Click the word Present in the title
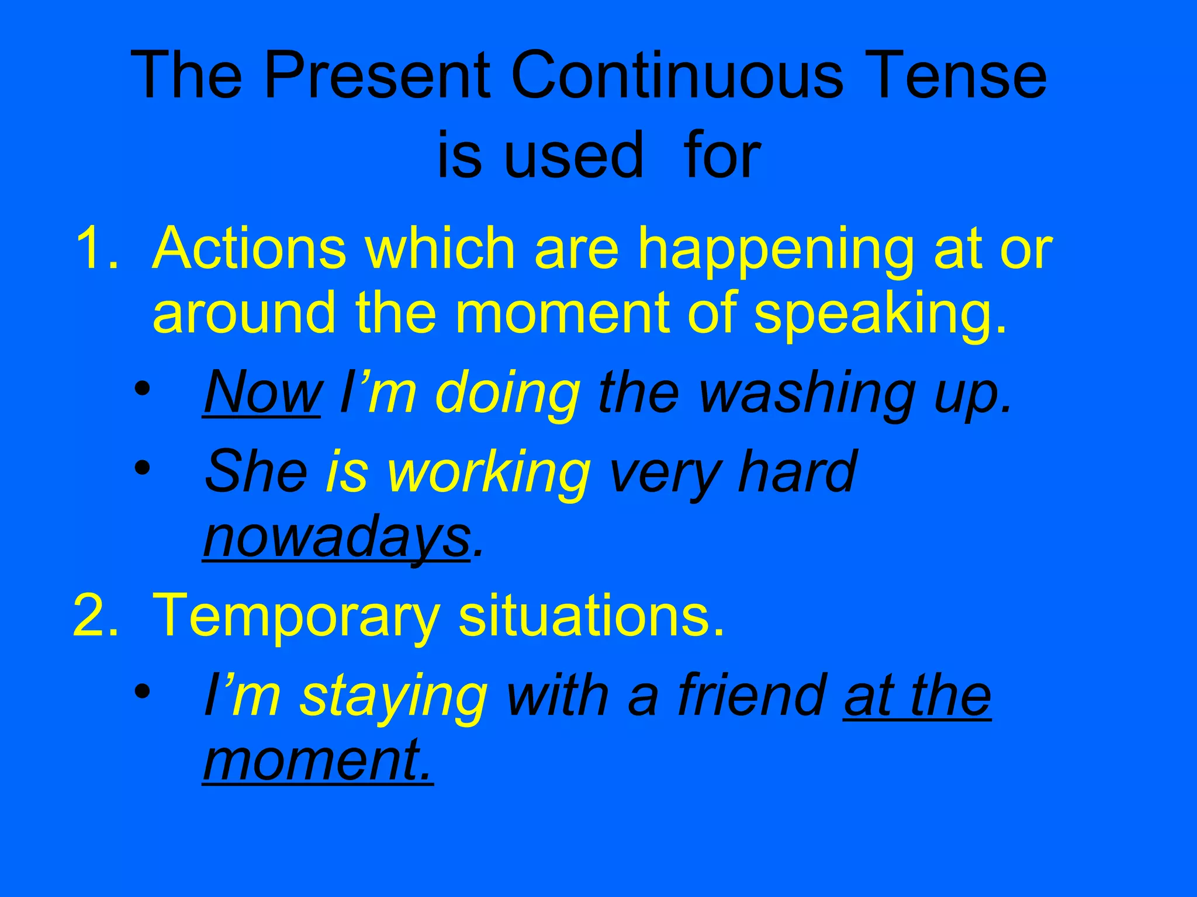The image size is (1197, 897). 377,76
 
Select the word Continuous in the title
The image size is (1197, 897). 677,76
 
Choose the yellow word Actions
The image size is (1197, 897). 249,249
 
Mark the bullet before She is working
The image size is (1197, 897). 141,468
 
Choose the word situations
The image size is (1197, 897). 591,615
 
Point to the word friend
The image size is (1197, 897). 752,695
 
